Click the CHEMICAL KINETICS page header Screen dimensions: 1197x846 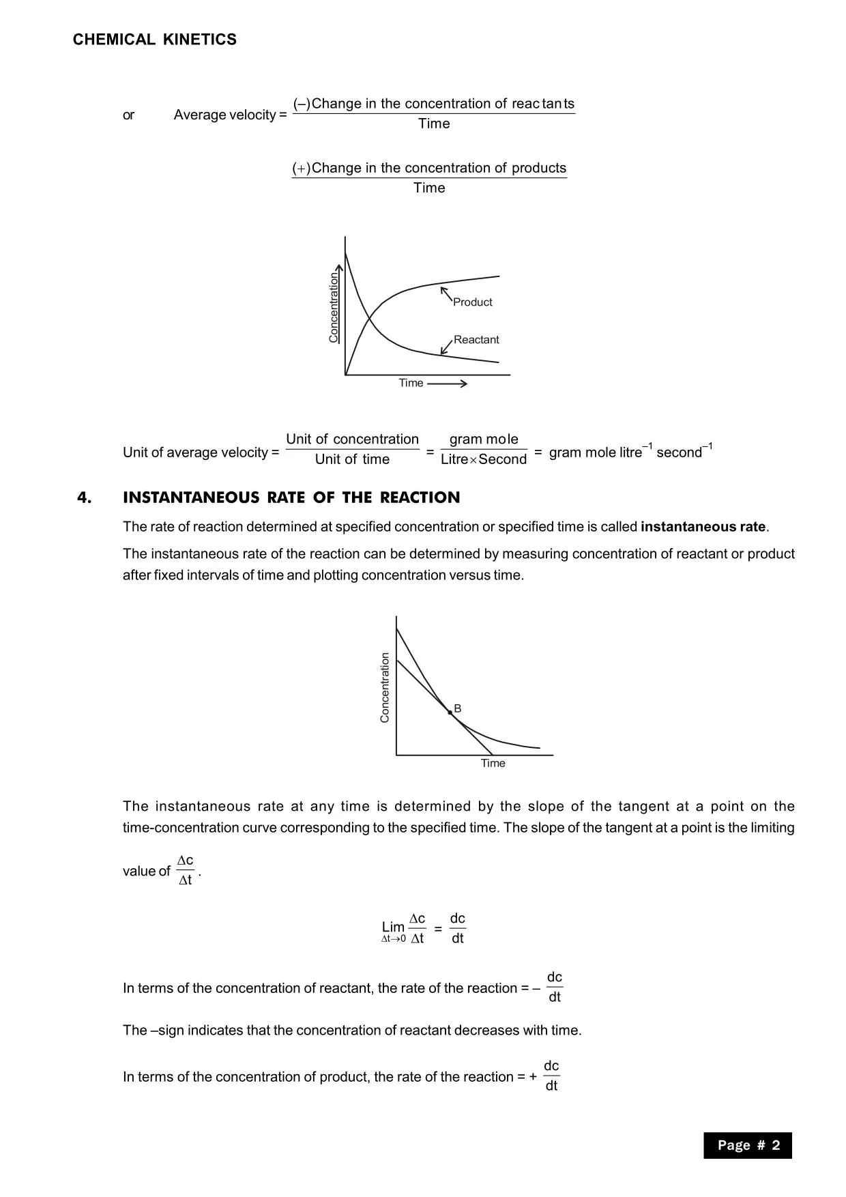click(155, 40)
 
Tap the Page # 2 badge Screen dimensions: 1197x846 click(748, 1145)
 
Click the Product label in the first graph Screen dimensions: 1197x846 click(472, 302)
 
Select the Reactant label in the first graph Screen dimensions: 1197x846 click(476, 340)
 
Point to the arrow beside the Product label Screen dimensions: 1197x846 click(446, 293)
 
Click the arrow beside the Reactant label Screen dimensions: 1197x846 click(446, 346)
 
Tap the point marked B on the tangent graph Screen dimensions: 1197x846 click(450, 712)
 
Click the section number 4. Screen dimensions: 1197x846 click(84, 497)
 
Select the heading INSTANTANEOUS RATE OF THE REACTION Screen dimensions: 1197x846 click(291, 497)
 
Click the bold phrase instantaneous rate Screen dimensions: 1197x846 click(703, 527)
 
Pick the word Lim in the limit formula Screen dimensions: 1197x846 click(393, 927)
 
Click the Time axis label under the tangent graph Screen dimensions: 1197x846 click(493, 763)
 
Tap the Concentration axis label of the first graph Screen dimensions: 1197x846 click(334, 308)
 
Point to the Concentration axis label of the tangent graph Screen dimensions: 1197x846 click(385, 687)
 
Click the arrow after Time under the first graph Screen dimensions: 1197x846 click(447, 384)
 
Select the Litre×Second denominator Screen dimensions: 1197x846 click(484, 459)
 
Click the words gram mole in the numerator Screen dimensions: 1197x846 click(484, 439)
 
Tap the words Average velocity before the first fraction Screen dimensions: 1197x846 click(224, 115)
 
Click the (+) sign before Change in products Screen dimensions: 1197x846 click(301, 168)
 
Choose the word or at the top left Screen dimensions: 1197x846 click(128, 115)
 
